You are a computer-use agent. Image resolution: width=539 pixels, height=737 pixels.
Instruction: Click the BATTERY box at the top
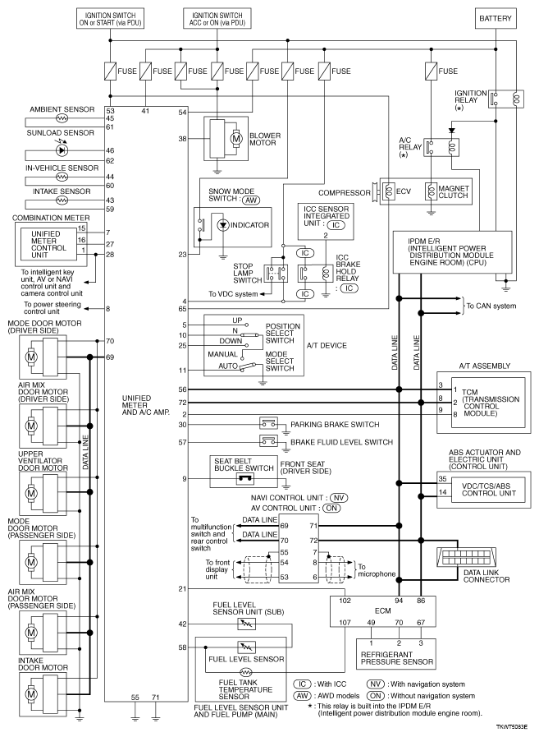(x=495, y=18)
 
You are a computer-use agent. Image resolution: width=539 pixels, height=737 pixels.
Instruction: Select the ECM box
(x=382, y=611)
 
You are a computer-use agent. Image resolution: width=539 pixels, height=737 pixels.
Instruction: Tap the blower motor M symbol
(x=237, y=139)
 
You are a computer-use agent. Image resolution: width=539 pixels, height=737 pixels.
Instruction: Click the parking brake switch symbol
(x=268, y=423)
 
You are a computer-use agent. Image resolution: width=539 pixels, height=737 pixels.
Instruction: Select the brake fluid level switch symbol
(x=268, y=441)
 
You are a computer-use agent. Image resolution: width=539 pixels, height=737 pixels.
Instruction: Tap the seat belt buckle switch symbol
(x=244, y=478)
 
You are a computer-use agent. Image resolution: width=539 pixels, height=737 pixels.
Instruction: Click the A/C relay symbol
(x=441, y=147)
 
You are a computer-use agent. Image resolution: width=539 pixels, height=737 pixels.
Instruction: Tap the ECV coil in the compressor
(x=389, y=191)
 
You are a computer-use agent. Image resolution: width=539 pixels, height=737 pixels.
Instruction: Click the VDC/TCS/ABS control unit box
(x=488, y=490)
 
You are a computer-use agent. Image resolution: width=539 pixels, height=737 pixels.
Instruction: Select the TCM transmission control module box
(x=488, y=403)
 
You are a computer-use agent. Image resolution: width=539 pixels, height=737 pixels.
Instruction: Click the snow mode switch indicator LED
(x=222, y=225)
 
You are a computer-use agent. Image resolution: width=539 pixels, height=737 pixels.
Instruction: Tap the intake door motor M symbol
(x=31, y=693)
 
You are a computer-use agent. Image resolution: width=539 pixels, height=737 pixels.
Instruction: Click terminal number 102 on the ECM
(x=345, y=601)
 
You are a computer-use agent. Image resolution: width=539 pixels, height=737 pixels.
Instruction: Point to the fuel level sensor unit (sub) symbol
(x=246, y=624)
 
